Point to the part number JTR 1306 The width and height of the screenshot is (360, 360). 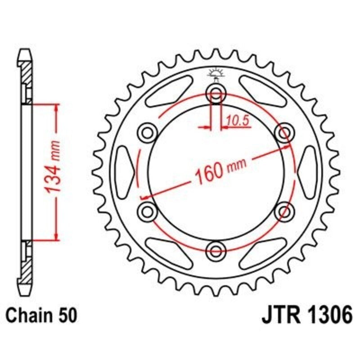coord(306,315)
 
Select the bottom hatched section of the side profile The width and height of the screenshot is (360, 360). coord(27,265)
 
